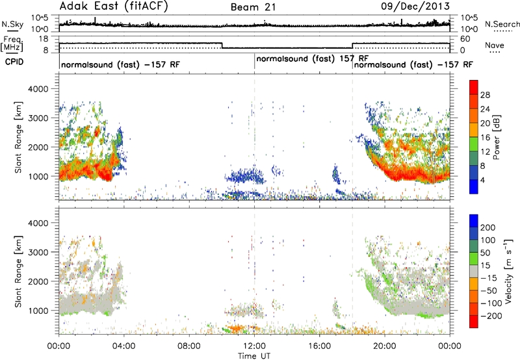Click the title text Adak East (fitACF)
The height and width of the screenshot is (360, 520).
tap(114, 6)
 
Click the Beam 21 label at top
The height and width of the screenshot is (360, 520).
tap(253, 7)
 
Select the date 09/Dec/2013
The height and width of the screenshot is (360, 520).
tap(415, 6)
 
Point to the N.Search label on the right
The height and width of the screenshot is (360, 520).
tap(502, 24)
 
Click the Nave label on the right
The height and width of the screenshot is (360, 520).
tap(495, 45)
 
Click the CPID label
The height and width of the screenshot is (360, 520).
tap(14, 62)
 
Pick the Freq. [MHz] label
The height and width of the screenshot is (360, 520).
tap(12, 44)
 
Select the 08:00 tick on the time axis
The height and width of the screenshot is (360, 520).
tap(189, 346)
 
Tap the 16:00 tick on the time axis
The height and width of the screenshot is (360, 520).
tap(319, 346)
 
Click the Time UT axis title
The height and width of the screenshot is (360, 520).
tap(254, 355)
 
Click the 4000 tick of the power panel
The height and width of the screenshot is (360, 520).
tap(38, 89)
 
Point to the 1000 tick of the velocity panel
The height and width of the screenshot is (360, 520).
tap(38, 311)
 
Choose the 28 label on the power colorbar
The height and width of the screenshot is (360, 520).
tap(485, 95)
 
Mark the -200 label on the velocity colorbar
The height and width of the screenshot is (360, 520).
tap(491, 316)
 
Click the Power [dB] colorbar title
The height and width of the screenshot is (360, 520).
tap(497, 137)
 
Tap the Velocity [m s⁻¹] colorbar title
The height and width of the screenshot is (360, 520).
tap(508, 271)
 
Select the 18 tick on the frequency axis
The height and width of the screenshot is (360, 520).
tap(44, 39)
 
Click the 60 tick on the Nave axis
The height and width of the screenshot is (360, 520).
tap(465, 39)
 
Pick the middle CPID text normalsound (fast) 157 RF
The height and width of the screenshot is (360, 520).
tap(313, 59)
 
